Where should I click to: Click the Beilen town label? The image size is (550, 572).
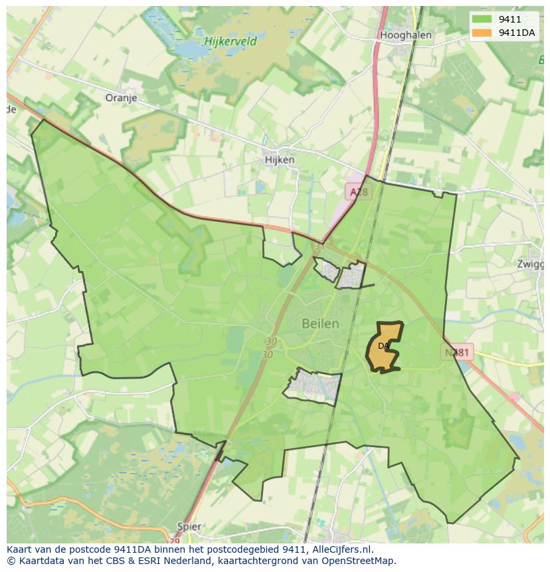tap(320, 324)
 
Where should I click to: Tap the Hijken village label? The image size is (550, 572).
tap(279, 159)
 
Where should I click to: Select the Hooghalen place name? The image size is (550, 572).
tap(406, 35)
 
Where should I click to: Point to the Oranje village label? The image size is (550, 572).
tap(121, 98)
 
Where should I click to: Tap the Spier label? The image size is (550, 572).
tap(190, 526)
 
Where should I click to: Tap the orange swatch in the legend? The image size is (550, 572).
tap(483, 33)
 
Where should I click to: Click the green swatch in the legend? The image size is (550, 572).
tap(483, 19)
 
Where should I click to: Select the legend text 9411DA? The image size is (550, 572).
tap(517, 33)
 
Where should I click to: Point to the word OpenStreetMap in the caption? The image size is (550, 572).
tap(359, 560)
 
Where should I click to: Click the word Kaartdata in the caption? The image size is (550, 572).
tap(39, 560)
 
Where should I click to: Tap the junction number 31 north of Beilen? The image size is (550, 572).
tap(319, 246)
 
